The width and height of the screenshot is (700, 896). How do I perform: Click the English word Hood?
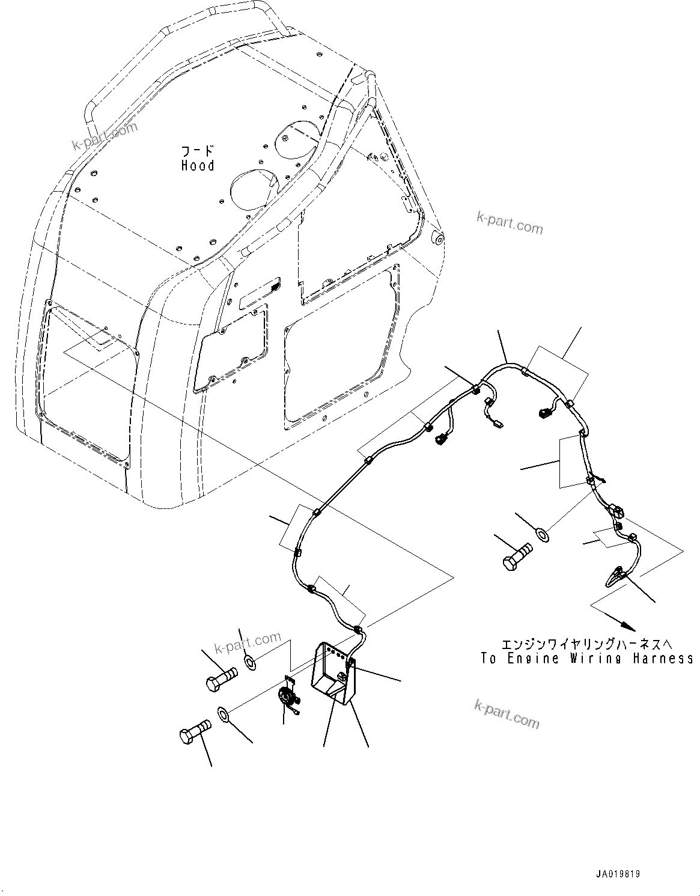pos(198,166)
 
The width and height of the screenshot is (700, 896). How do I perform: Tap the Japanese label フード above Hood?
pos(198,150)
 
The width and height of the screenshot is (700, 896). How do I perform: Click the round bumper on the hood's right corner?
pos(438,239)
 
